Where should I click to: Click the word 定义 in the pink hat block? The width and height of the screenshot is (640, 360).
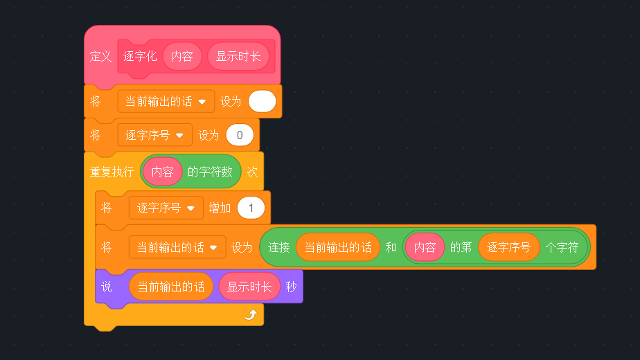(x=100, y=57)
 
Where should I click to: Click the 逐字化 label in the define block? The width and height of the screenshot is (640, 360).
(x=140, y=57)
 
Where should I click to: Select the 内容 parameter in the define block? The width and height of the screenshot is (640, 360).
(x=182, y=57)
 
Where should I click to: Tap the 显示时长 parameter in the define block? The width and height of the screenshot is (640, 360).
(x=238, y=57)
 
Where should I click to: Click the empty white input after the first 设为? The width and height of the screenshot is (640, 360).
(x=262, y=102)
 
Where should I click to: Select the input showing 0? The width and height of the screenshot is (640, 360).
(x=240, y=136)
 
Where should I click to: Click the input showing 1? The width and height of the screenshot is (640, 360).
(x=251, y=208)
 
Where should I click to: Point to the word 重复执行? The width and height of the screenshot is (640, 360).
(x=112, y=172)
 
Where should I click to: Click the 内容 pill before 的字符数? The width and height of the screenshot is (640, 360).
(x=163, y=172)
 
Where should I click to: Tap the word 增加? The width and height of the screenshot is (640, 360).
(x=220, y=208)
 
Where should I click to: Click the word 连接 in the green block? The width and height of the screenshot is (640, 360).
(x=278, y=247)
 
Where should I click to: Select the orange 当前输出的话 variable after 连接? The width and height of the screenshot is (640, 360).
(x=338, y=247)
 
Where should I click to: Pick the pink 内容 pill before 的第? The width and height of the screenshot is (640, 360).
(x=425, y=247)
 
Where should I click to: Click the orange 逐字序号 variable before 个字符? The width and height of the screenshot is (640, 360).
(x=508, y=247)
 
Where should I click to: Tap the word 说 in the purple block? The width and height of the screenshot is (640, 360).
(x=107, y=287)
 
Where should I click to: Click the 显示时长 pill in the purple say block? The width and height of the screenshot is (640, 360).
(x=249, y=287)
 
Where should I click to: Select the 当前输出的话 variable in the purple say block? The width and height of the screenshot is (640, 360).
(x=171, y=287)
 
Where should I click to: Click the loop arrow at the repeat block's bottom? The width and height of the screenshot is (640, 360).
(x=251, y=315)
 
